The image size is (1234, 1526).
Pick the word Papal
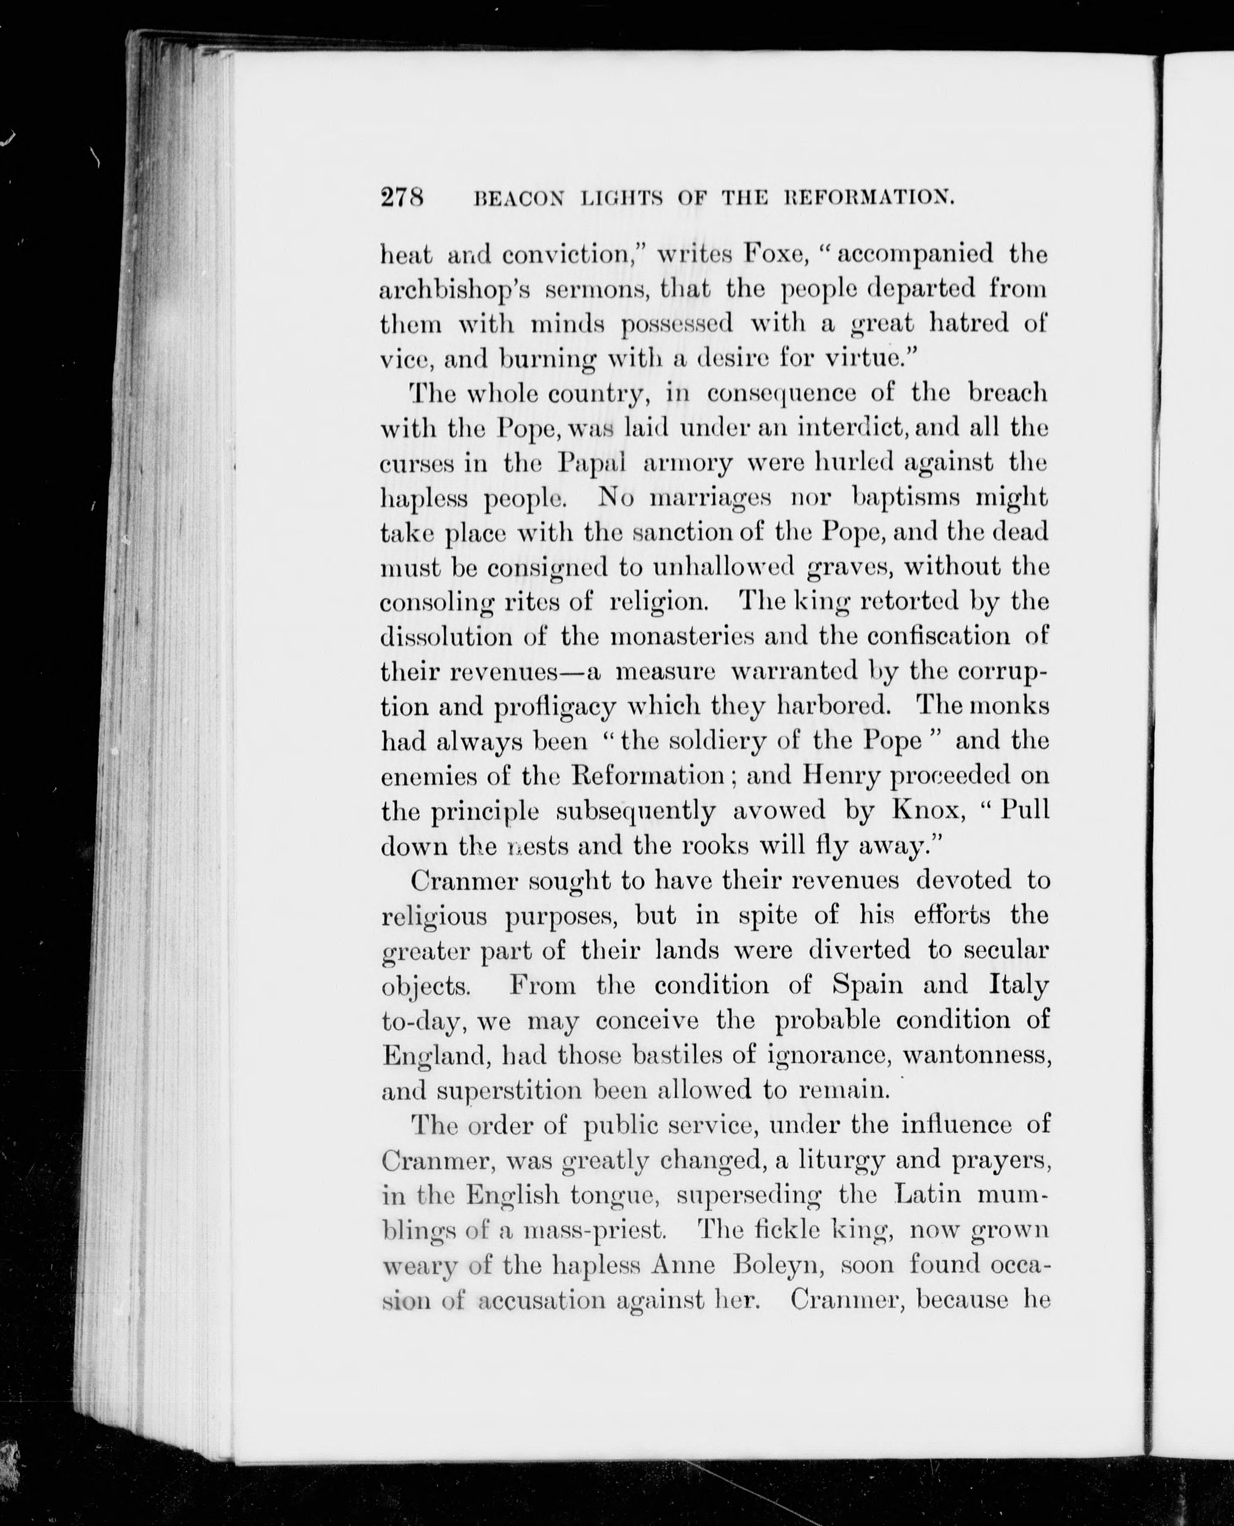591,463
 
